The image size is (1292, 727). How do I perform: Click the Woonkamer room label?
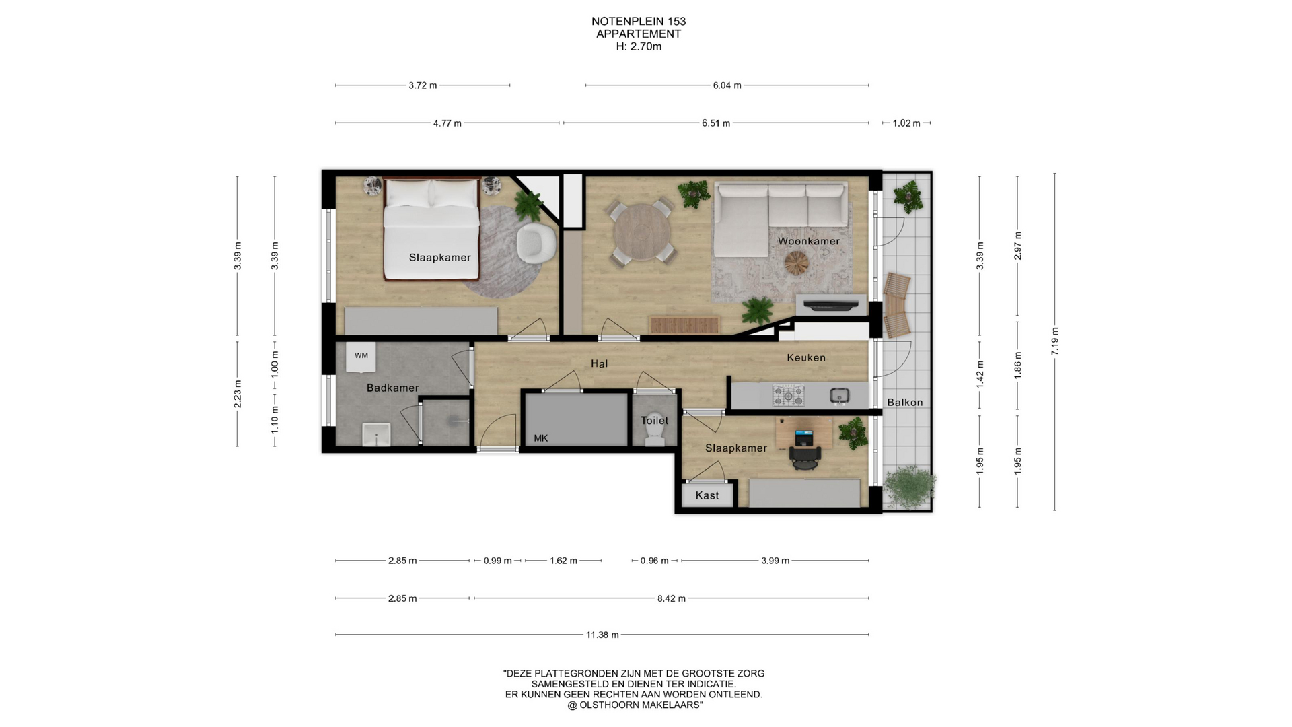point(808,241)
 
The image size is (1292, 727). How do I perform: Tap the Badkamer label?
point(392,388)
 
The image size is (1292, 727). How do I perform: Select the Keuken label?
point(806,357)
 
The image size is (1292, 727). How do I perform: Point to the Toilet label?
point(654,421)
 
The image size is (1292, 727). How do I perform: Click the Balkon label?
point(904,402)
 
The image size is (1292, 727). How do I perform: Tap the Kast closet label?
point(707,495)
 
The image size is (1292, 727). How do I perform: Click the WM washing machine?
point(361,356)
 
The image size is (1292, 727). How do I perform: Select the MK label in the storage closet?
point(541,438)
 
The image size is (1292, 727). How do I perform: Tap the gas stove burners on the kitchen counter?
point(788,395)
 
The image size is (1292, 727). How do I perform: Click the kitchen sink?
point(839,395)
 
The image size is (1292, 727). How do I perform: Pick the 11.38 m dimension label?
point(602,635)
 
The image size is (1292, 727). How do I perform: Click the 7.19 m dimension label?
point(1055,341)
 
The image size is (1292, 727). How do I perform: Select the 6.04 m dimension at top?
point(727,85)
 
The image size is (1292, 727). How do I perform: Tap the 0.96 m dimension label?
point(654,561)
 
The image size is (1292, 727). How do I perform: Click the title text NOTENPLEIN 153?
point(639,21)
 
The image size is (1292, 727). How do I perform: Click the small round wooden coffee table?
point(799,263)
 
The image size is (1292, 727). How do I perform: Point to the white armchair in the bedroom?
point(536,242)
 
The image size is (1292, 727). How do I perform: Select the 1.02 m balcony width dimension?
point(906,123)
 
